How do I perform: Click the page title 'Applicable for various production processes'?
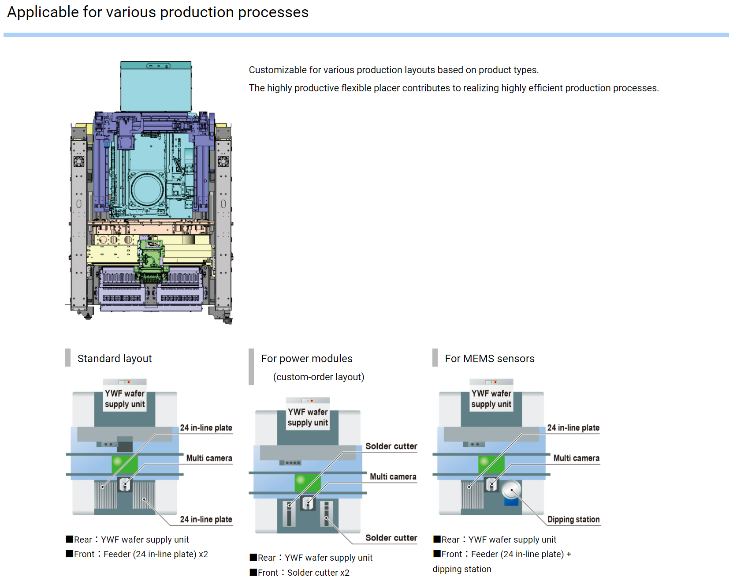[158, 12]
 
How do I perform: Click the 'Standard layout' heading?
[115, 359]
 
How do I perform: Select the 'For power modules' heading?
[307, 359]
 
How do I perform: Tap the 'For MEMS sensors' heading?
[490, 359]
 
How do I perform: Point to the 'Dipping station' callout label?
[573, 519]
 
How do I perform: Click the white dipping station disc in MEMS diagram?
[511, 490]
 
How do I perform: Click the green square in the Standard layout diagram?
[125, 464]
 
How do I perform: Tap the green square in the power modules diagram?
[308, 483]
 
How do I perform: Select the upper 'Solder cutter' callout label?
[391, 446]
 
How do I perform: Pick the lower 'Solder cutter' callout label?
[391, 538]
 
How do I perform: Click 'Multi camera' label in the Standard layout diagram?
[209, 458]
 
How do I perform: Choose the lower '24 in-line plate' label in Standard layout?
[206, 519]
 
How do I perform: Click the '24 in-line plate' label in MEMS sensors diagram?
[573, 427]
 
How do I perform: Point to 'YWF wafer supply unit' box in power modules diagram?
[308, 417]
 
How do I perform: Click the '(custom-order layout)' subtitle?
[319, 377]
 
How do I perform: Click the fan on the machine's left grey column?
[79, 161]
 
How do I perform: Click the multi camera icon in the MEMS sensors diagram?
[491, 484]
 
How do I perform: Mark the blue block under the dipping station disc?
[511, 502]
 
